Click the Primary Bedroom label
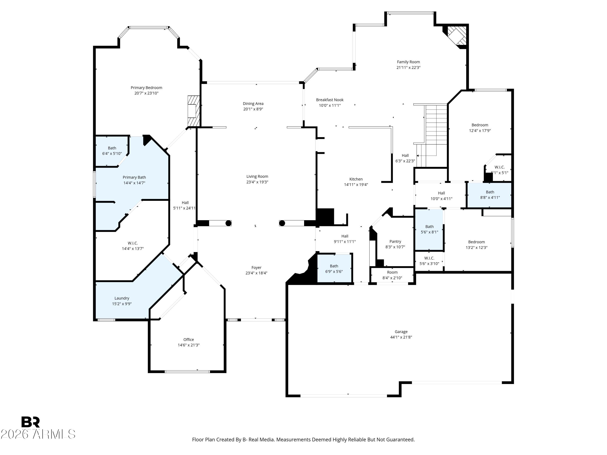146,88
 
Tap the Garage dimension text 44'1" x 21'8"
401,337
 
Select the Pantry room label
395,241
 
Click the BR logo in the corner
31,422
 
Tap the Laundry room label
122,298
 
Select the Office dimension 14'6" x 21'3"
189,345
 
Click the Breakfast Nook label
330,100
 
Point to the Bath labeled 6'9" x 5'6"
334,269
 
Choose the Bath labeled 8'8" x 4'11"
490,195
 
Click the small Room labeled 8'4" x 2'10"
392,275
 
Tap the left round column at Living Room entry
228,223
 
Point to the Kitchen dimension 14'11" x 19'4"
356,185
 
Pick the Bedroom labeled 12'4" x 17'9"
480,128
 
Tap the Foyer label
256,267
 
